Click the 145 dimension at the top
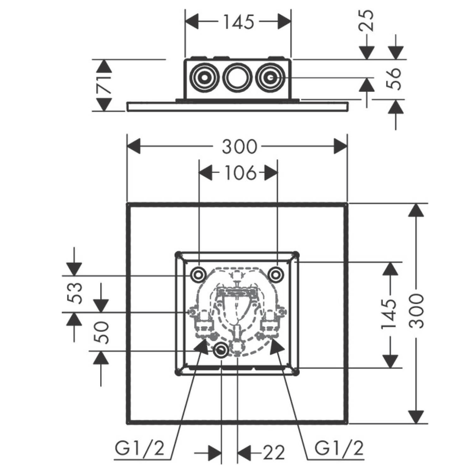click(239, 22)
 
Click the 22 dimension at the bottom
click(274, 453)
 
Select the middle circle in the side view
click(235, 77)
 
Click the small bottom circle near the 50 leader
click(221, 350)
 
